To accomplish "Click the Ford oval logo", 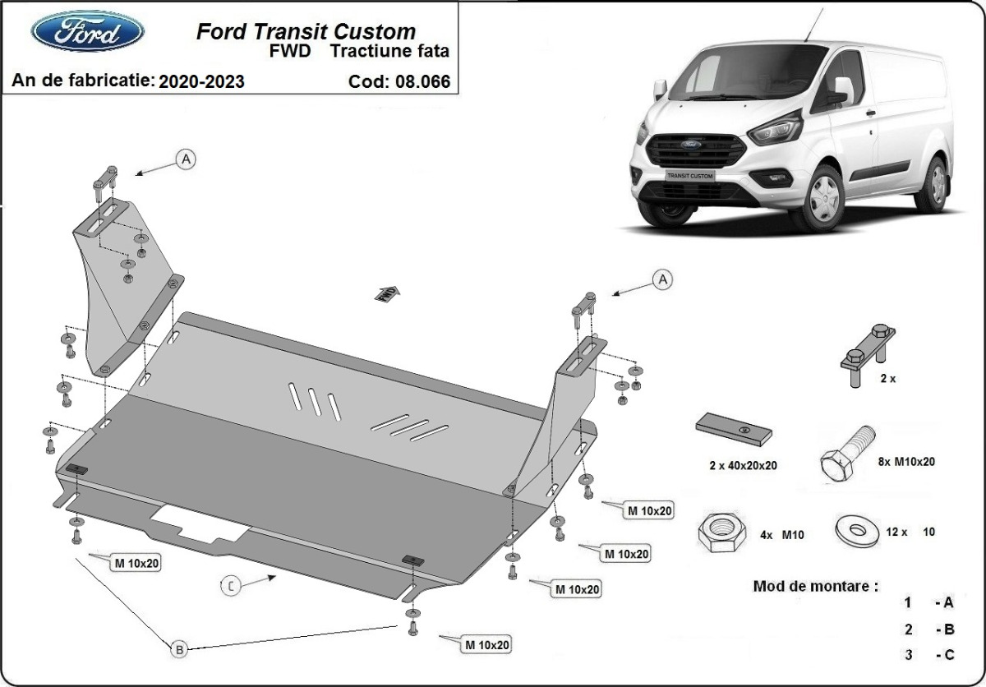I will [87, 32].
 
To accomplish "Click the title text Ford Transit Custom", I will [306, 32].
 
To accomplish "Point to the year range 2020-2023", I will [201, 81].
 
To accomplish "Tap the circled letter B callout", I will [179, 649].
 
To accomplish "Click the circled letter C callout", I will [232, 585].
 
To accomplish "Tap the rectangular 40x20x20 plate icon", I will [734, 430].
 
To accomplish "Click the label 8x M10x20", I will [905, 462].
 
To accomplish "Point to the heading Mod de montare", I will [815, 587].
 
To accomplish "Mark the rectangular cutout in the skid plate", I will [200, 523].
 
